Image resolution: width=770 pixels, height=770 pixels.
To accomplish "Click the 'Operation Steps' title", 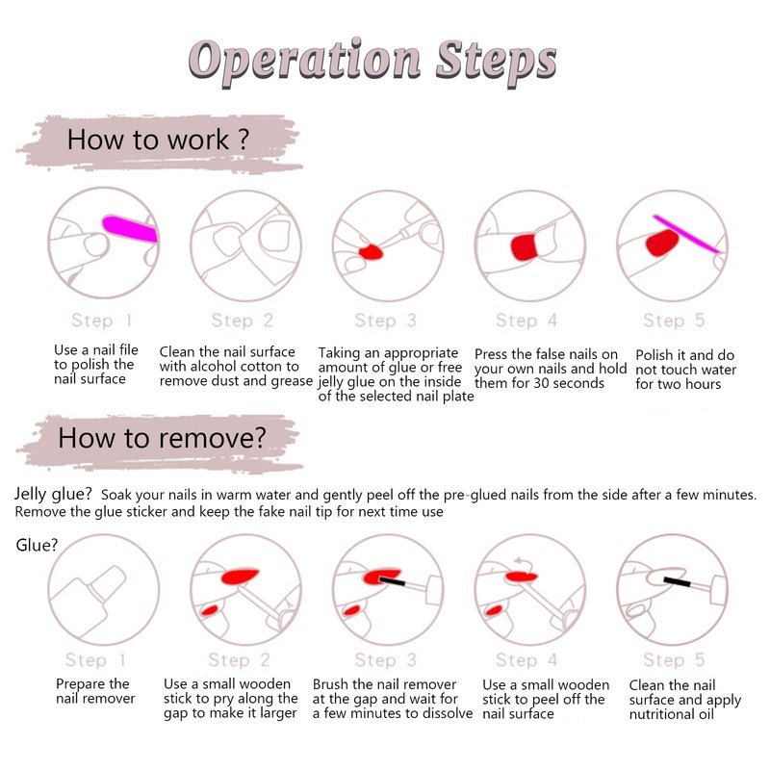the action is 372,62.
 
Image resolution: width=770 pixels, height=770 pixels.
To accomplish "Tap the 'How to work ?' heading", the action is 158,140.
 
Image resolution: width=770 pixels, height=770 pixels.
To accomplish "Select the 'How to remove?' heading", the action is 162,438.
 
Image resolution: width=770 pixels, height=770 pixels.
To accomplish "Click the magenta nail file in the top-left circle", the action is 130,229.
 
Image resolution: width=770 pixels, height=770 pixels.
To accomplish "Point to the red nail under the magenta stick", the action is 662,243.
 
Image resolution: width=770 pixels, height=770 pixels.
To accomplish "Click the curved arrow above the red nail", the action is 524,563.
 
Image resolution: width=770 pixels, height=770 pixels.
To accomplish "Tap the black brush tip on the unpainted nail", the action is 678,582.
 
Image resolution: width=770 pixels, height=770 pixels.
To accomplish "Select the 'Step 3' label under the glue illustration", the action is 386,321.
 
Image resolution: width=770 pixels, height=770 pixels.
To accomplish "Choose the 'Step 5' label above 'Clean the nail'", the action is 674,659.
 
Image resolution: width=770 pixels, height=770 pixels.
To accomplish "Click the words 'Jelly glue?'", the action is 53,494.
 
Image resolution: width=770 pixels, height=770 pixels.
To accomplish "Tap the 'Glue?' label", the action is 37,545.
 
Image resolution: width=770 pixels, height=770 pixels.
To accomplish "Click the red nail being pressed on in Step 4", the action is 524,247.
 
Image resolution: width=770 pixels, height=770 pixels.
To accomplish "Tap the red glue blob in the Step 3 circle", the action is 371,252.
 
